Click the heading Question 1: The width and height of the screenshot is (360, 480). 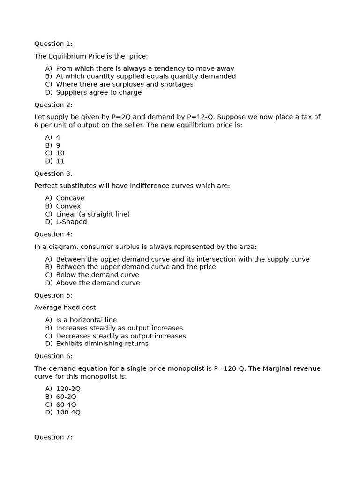(53, 44)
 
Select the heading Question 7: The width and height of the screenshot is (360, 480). (53, 437)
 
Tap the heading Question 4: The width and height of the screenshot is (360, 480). (53, 234)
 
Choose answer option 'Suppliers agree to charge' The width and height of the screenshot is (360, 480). (98, 92)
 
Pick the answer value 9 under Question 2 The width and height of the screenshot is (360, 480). (58, 145)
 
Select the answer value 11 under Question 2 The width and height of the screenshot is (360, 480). (60, 161)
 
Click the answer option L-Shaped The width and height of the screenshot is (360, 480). (71, 222)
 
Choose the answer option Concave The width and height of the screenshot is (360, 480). (70, 198)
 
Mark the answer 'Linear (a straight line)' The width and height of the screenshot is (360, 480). (93, 214)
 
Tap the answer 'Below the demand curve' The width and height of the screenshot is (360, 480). (97, 275)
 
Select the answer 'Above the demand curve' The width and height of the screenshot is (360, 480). (97, 283)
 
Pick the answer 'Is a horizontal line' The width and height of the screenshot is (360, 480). (86, 320)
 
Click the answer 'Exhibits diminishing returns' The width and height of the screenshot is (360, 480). (102, 344)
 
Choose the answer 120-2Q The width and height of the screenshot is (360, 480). (68, 389)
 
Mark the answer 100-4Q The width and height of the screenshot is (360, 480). (68, 412)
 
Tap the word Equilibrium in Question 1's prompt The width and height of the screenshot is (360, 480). (68, 56)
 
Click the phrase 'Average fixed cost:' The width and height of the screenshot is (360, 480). (66, 307)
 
